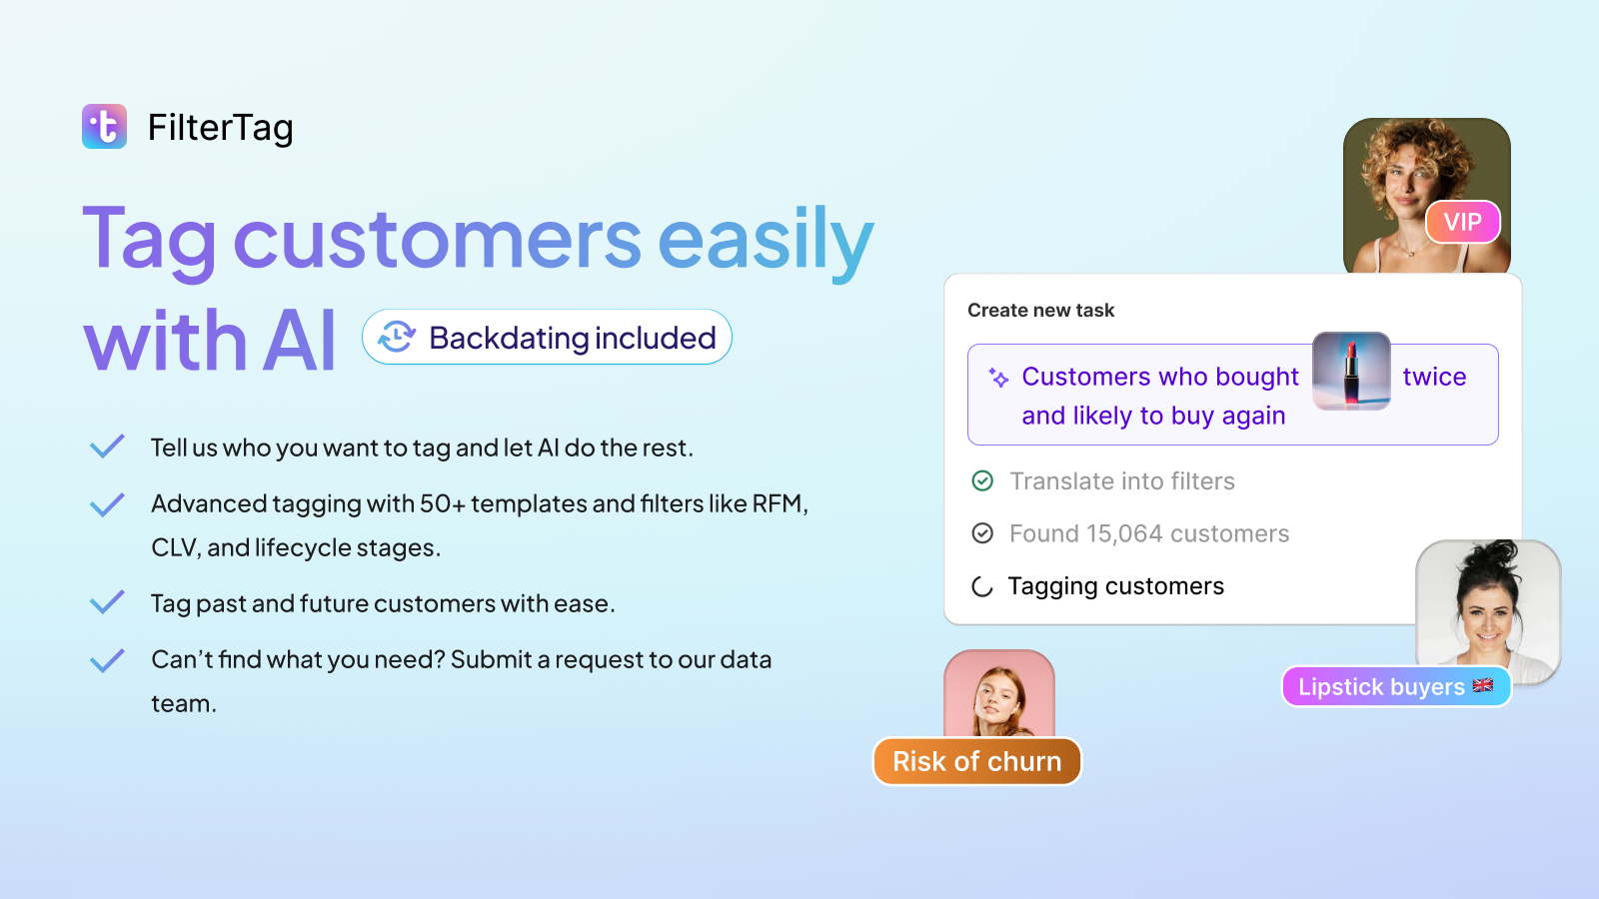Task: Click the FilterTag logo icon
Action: pyautogui.click(x=104, y=126)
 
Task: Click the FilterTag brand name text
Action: pyautogui.click(x=221, y=129)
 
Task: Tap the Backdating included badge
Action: pyautogui.click(x=547, y=337)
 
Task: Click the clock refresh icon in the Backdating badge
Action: pyautogui.click(x=396, y=337)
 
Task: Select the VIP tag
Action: pyautogui.click(x=1463, y=222)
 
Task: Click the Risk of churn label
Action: pyautogui.click(x=977, y=761)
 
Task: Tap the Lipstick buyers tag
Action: pyautogui.click(x=1396, y=686)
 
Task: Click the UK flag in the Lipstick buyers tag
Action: pyautogui.click(x=1483, y=685)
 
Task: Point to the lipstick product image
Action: pyautogui.click(x=1351, y=371)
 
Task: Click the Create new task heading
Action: pyautogui.click(x=1040, y=311)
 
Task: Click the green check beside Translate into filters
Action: pyautogui.click(x=982, y=480)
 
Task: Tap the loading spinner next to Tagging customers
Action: pyautogui.click(x=982, y=586)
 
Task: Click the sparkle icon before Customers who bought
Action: pyautogui.click(x=998, y=377)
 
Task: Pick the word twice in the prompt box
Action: pyautogui.click(x=1434, y=376)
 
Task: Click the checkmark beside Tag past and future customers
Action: pyautogui.click(x=107, y=602)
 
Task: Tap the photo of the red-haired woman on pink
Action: pyautogui.click(x=999, y=693)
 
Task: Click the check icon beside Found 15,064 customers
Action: pyautogui.click(x=982, y=533)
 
